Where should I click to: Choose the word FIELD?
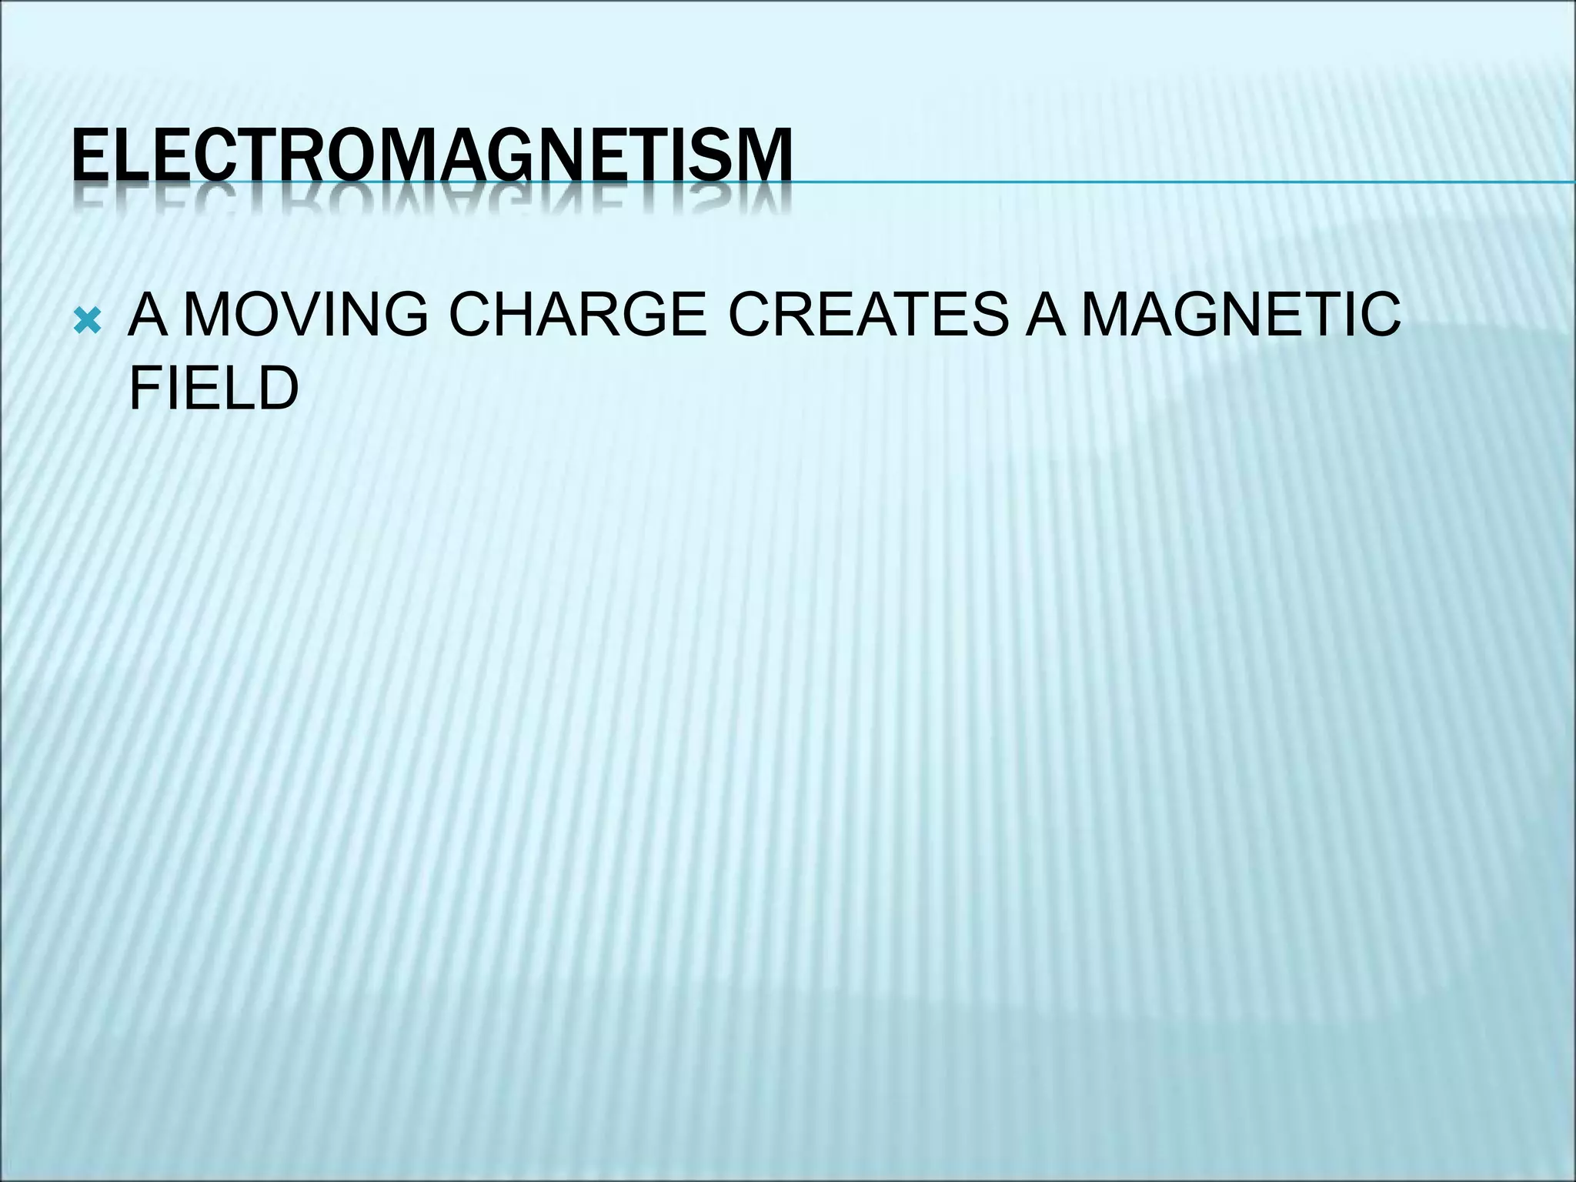(x=213, y=389)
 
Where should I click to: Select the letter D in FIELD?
(x=278, y=389)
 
